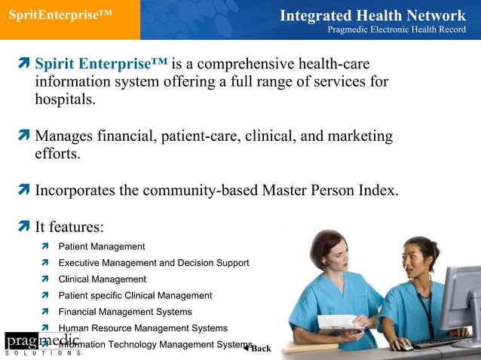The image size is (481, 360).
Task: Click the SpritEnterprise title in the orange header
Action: (x=60, y=16)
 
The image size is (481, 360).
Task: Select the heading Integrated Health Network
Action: (x=372, y=15)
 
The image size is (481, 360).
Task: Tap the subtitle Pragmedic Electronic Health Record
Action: (x=397, y=29)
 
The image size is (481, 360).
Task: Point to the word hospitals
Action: (x=65, y=99)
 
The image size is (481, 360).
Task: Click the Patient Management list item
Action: (x=102, y=246)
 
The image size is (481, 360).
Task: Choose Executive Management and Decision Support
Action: (x=154, y=263)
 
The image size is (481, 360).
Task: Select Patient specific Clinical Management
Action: (x=135, y=295)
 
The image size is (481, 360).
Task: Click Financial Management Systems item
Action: (x=125, y=312)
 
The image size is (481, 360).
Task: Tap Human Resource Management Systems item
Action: (x=142, y=328)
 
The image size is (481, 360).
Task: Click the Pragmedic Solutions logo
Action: (x=41, y=343)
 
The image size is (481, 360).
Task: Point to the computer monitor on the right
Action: (x=461, y=294)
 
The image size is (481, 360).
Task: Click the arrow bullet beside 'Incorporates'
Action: (x=23, y=190)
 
